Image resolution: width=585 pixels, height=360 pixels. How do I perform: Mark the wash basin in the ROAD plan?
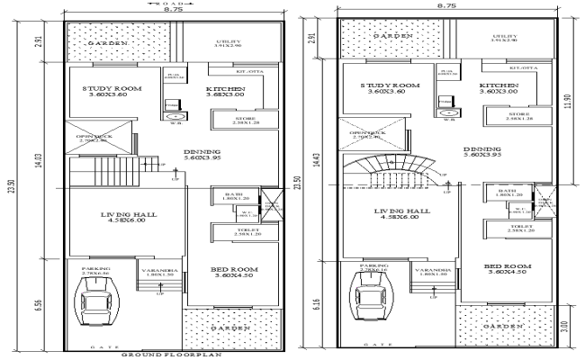174,114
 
